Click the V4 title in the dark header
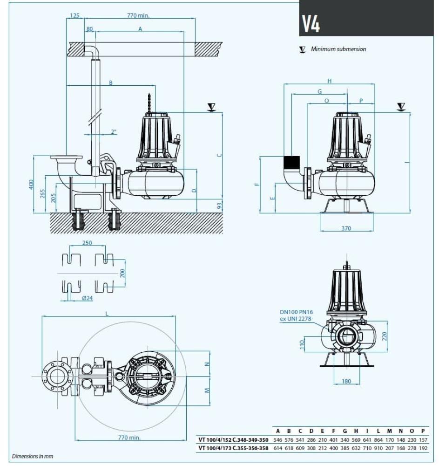(x=311, y=25)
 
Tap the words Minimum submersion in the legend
(x=338, y=49)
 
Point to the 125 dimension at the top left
(x=74, y=15)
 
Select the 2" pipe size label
(x=114, y=132)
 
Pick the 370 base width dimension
(x=346, y=228)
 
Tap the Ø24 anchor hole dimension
(x=87, y=298)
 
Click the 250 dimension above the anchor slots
(x=87, y=243)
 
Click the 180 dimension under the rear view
(x=346, y=381)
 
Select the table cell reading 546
(x=278, y=440)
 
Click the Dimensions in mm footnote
(x=33, y=456)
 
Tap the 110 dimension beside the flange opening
(x=302, y=344)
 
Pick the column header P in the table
(x=423, y=431)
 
